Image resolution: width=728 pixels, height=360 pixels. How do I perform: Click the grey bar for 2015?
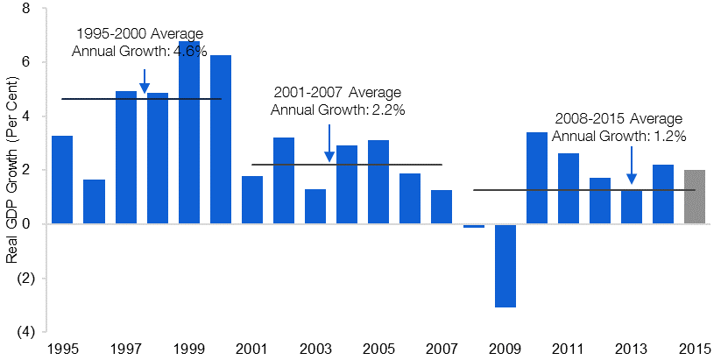695,197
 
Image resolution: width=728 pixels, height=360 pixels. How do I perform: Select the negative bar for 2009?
505,265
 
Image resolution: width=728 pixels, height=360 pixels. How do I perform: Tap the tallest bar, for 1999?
189,132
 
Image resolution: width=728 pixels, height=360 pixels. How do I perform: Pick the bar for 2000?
221,139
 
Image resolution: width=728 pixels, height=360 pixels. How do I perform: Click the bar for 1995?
62,180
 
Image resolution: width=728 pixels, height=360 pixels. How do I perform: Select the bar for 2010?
537,178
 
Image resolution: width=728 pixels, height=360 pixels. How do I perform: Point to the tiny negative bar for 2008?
474,226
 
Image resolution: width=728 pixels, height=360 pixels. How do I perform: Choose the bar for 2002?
284,181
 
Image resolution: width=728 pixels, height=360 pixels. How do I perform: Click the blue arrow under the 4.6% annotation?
145,81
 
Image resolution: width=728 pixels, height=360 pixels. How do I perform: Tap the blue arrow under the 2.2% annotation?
329,143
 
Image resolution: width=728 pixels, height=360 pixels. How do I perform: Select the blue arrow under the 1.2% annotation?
631,166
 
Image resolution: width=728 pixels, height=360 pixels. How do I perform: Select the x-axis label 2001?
251,349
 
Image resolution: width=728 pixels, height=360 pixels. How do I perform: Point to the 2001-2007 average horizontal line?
347,164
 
